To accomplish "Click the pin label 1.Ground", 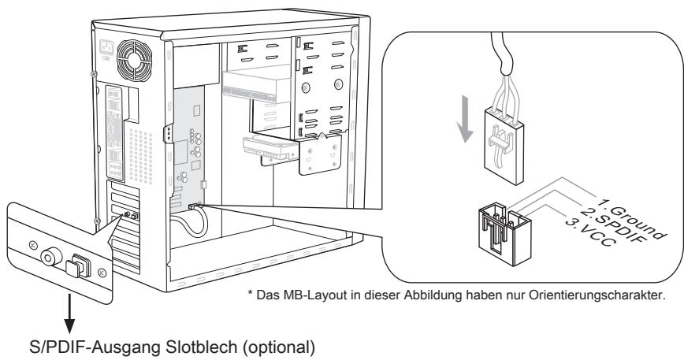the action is pos(632,219).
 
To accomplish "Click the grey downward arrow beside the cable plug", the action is pos(465,119).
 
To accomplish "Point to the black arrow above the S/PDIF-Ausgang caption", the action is pos(69,314).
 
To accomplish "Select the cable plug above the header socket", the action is pos(504,147).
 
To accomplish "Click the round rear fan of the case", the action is pos(134,60).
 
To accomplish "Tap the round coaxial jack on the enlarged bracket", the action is pos(50,257).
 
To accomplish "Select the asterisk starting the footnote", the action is pos(251,293).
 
